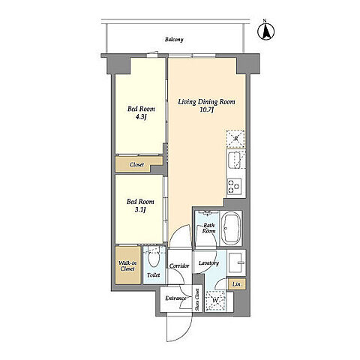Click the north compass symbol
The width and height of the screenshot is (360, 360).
point(266,31)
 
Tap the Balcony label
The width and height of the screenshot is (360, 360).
point(174,40)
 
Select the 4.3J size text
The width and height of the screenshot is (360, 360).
point(140,117)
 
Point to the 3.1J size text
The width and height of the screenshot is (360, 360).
point(140,209)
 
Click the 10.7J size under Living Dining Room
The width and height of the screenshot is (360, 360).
point(206,109)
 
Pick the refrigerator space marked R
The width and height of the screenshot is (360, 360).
point(235,139)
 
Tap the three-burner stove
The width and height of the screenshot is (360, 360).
point(234,187)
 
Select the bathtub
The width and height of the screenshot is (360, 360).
point(231,229)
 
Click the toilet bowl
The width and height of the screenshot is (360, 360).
point(154,258)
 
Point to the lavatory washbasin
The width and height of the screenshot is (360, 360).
point(236,262)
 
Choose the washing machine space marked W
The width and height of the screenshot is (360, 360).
point(215,301)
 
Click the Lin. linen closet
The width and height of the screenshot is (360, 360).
point(237,284)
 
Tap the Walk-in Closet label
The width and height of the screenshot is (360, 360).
point(127,266)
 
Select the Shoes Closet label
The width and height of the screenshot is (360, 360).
point(197,300)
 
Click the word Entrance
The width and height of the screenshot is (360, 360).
point(175,298)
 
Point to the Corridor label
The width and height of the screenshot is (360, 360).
point(179,265)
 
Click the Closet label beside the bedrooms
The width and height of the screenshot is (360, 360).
point(136,165)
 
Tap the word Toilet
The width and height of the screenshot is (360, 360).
point(153,275)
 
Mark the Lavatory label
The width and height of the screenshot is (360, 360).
point(208,263)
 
